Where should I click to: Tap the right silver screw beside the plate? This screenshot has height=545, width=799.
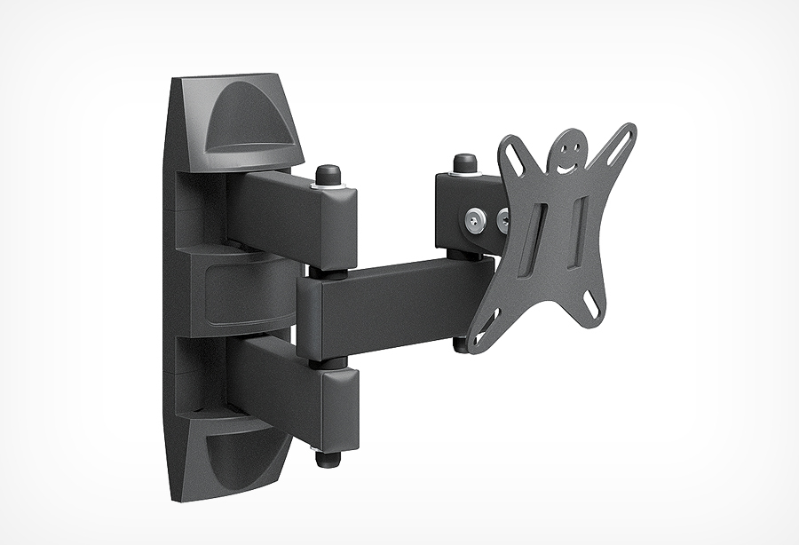[502, 218]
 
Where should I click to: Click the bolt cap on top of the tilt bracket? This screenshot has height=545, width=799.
[464, 162]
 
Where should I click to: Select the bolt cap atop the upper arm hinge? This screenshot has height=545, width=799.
[328, 171]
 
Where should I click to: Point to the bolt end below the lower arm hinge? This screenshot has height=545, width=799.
[328, 461]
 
